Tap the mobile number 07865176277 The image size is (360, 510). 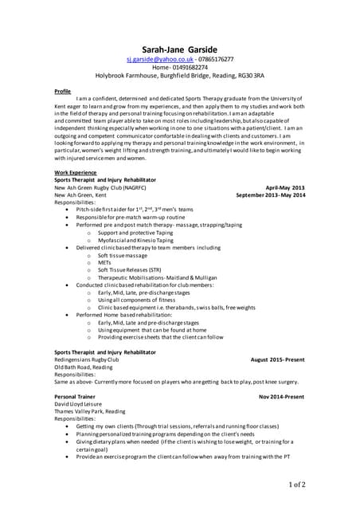(217, 60)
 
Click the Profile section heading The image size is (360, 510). (63, 91)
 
